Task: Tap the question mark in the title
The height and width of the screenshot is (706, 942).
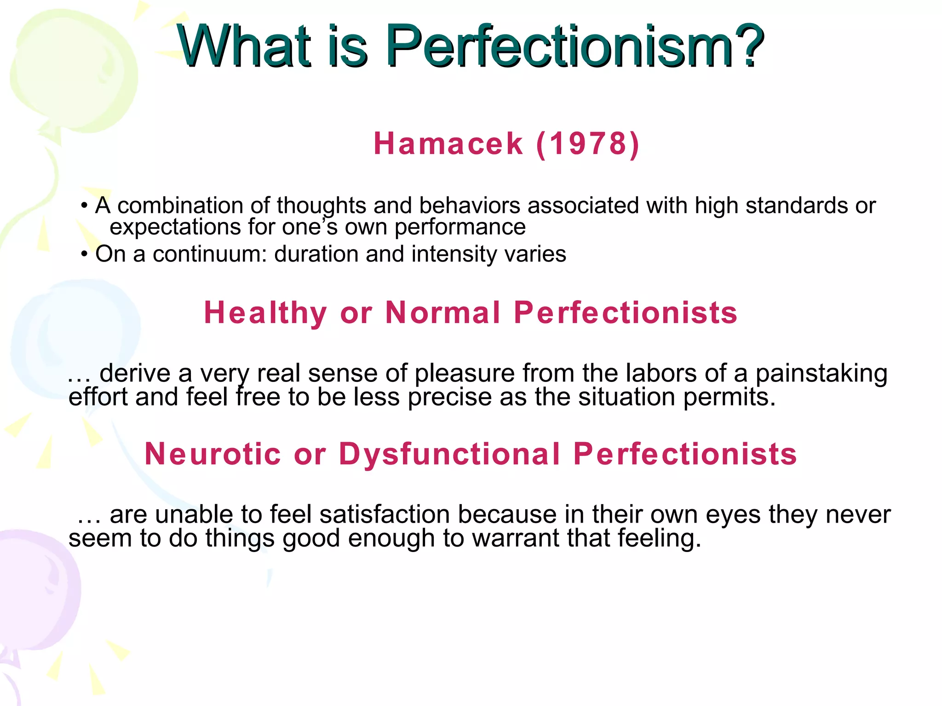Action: (x=749, y=46)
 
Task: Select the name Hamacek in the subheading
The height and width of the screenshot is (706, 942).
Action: (x=448, y=143)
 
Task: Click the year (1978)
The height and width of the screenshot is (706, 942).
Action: (x=588, y=143)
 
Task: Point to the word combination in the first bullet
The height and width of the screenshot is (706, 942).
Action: (x=180, y=205)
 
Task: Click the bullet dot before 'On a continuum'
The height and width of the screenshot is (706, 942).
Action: (x=84, y=254)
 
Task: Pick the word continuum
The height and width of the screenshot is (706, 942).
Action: (x=210, y=254)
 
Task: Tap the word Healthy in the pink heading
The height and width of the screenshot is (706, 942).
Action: (x=265, y=313)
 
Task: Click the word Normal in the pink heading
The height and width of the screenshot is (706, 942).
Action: (x=442, y=313)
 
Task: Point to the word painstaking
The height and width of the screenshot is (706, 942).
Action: (x=821, y=373)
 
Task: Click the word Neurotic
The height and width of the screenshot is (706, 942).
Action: (x=213, y=454)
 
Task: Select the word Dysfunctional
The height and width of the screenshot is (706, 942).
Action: (x=449, y=454)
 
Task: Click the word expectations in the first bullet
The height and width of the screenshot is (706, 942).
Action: (x=175, y=227)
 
